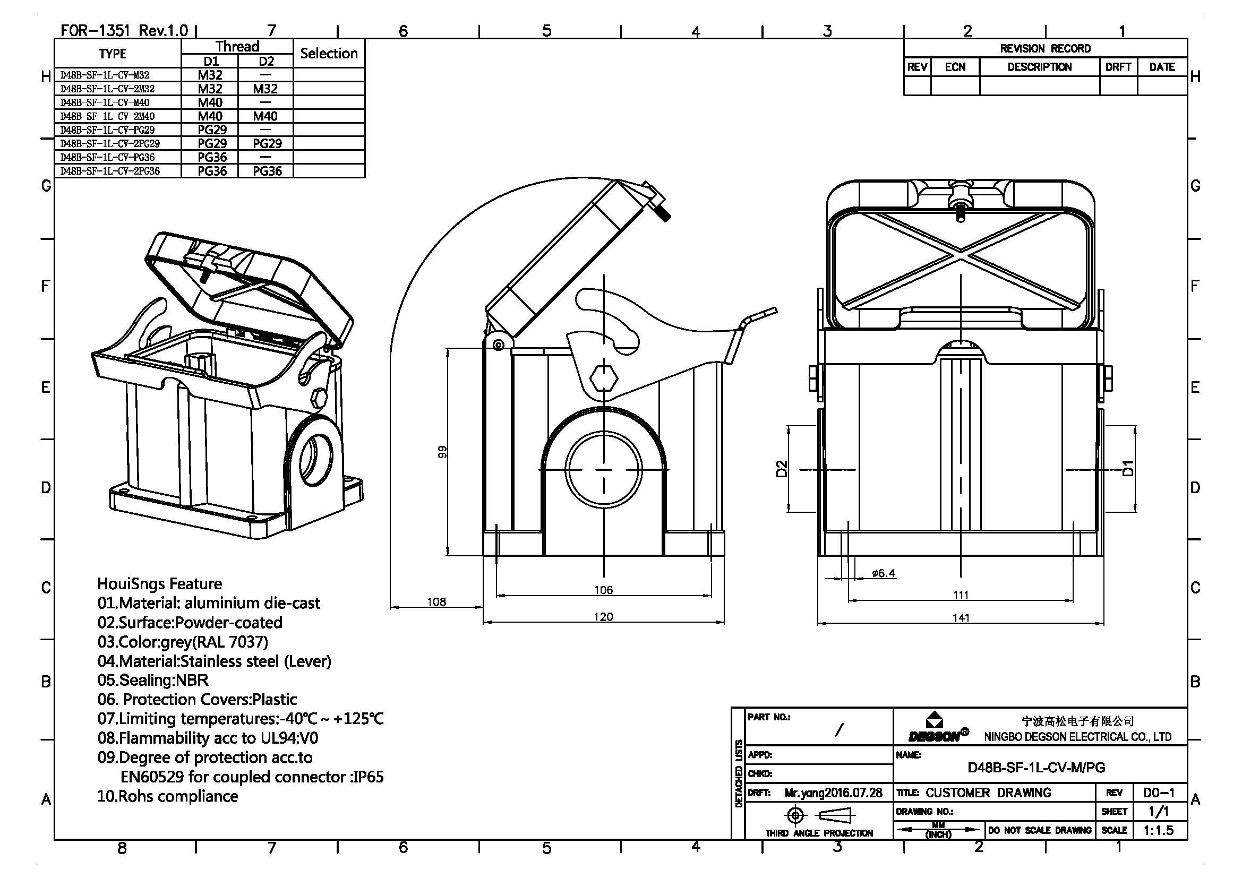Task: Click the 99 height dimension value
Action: [x=442, y=451]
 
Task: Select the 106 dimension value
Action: [x=603, y=590]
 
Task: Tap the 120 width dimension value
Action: [x=603, y=617]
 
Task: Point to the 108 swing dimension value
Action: [x=436, y=602]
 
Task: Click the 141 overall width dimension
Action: [x=961, y=617]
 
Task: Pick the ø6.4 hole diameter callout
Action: [x=883, y=573]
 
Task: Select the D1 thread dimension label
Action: [x=1128, y=468]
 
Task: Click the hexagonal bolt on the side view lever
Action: [x=603, y=378]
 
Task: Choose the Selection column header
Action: [x=329, y=54]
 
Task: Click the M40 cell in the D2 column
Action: [x=265, y=116]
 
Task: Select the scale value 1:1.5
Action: [x=1159, y=830]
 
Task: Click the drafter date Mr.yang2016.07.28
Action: [x=833, y=793]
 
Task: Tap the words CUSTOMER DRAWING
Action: [x=988, y=793]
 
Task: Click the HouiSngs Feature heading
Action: [x=159, y=584]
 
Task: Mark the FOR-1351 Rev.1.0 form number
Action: [x=124, y=30]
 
